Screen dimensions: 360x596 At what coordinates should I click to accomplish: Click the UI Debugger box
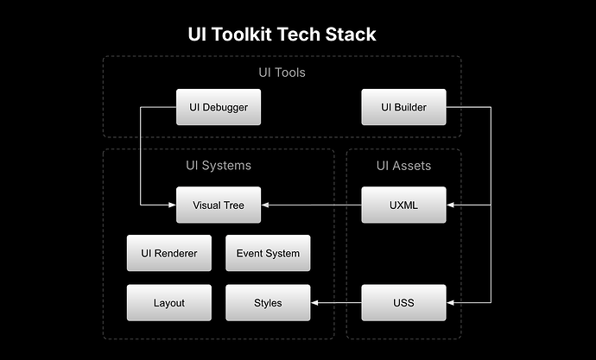(219, 107)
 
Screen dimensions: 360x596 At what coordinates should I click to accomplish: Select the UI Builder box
(403, 107)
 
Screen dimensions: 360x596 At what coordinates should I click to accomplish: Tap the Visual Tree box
(219, 205)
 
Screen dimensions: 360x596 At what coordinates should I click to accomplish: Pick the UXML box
(403, 205)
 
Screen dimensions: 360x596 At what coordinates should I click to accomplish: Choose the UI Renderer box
(169, 254)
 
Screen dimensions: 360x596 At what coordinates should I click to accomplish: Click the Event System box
(268, 254)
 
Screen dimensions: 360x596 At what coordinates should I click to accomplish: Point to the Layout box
(169, 303)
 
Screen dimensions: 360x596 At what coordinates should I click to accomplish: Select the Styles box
(268, 303)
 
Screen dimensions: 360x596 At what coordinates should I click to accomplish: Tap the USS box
(403, 303)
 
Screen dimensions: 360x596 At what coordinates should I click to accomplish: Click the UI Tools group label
(282, 73)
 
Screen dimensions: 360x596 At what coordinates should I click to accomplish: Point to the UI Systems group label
(219, 165)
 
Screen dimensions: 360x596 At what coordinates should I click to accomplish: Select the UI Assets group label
(403, 165)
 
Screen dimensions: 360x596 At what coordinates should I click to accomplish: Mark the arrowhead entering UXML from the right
(451, 205)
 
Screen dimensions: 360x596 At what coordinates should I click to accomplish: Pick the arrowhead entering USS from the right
(451, 303)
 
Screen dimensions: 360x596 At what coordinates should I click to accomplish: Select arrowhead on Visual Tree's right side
(265, 205)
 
